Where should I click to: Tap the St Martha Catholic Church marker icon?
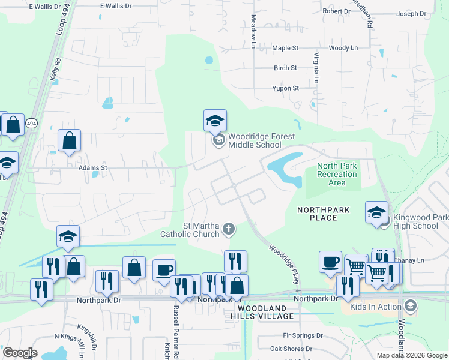tap(228, 228)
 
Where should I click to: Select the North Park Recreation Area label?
tap(337, 174)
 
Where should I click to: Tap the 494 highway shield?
tap(32, 124)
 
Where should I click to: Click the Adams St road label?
tap(92, 169)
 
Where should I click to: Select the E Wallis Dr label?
tap(116, 5)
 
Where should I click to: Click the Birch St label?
tap(285, 68)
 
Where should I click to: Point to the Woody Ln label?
tap(343, 47)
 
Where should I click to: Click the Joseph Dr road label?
tap(411, 13)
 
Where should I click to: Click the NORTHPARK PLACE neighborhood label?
tap(317, 214)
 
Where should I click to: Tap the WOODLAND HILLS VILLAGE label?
tap(262, 312)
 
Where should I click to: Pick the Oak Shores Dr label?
tap(291, 349)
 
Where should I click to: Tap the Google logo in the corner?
tap(20, 353)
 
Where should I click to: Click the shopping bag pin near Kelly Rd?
tap(70, 140)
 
